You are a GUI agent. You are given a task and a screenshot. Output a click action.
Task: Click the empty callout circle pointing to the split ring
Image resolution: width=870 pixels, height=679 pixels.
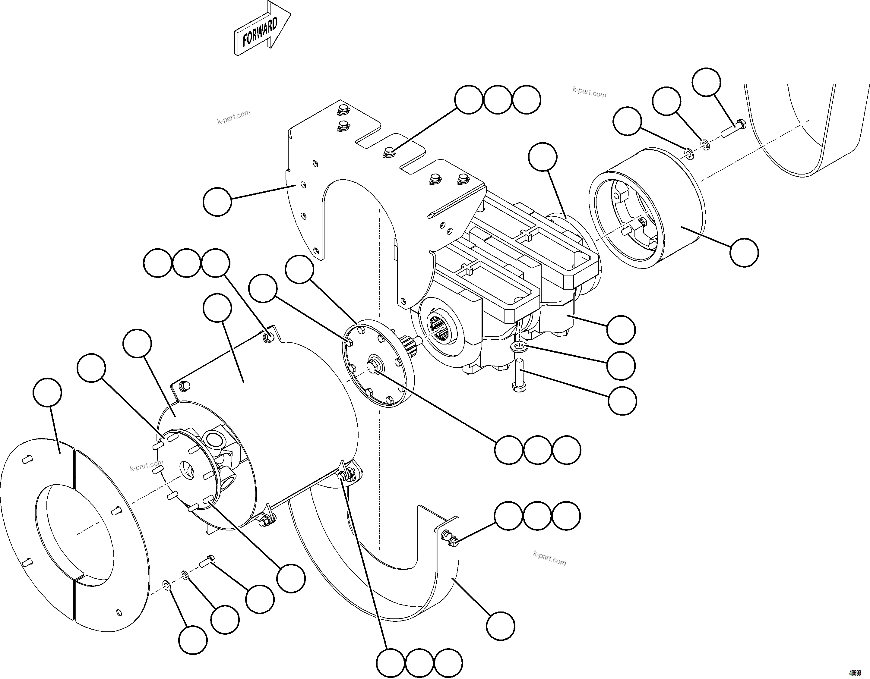click(x=47, y=392)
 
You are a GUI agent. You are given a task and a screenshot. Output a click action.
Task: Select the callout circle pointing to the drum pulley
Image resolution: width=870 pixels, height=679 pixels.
click(x=744, y=252)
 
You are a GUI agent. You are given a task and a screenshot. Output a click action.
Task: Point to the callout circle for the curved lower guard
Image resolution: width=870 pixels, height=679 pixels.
click(x=500, y=626)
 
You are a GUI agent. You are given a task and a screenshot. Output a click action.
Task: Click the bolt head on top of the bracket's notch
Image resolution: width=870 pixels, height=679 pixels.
click(x=389, y=152)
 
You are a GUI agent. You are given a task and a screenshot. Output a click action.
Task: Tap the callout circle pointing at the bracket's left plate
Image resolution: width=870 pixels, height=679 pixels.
click(x=217, y=202)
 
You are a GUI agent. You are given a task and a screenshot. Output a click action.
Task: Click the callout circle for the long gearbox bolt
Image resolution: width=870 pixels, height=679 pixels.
click(x=622, y=401)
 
